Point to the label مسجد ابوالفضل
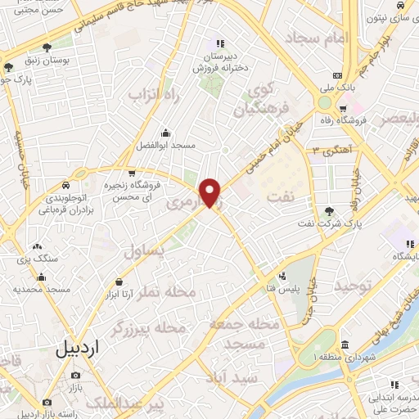tap(166, 145)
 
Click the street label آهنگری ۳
tap(331, 151)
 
